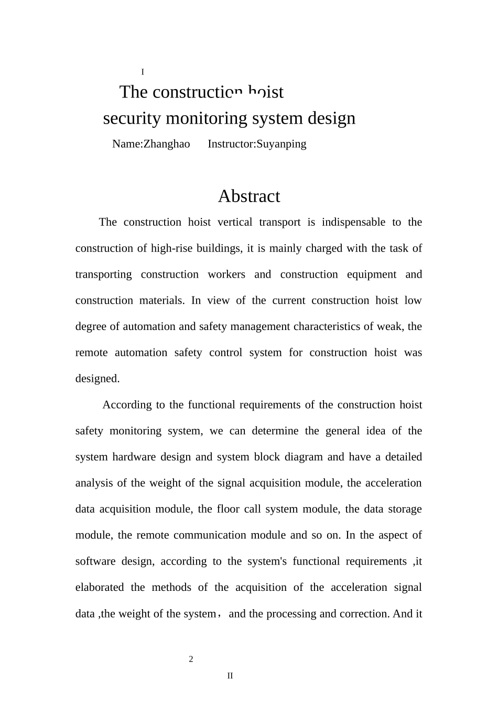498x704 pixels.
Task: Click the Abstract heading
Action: pos(249,196)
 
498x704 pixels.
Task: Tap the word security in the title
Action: pos(132,118)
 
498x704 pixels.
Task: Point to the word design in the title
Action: pos(332,118)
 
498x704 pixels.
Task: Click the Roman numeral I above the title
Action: pos(143,72)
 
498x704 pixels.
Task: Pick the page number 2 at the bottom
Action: pos(191,659)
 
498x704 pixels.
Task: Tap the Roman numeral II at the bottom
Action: pos(230,676)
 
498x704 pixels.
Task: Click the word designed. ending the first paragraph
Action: pos(98,379)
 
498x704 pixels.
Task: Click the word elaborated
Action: pos(100,587)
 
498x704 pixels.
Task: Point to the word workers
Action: pos(226,274)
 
